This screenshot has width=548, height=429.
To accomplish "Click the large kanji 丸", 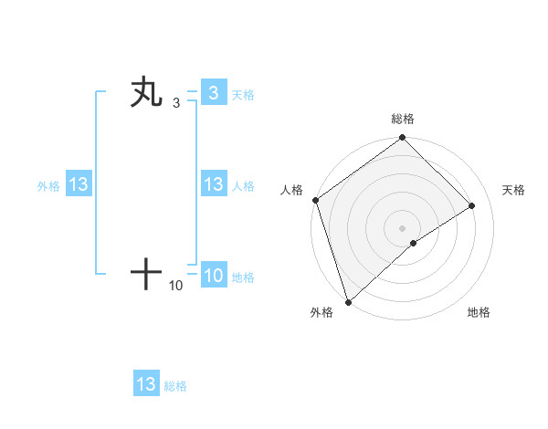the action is click(146, 93).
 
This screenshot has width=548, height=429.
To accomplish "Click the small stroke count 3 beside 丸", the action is click(176, 103).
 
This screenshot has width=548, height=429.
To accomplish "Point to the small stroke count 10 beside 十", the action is click(176, 286).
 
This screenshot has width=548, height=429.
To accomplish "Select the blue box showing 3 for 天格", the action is click(213, 93).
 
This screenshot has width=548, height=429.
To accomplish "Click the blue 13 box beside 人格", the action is click(213, 184).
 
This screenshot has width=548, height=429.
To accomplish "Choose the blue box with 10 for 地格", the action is click(213, 276).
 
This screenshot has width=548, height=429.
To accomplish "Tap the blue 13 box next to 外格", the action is click(79, 184).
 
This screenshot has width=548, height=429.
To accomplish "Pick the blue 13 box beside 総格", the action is click(146, 384).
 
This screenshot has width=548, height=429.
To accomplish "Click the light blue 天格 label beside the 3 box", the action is click(243, 95).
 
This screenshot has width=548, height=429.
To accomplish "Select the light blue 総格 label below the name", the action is click(175, 386).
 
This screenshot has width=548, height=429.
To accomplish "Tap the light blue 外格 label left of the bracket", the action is click(48, 186).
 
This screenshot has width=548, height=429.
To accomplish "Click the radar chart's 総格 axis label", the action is click(403, 119).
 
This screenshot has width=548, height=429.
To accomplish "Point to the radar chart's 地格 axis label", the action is click(479, 312).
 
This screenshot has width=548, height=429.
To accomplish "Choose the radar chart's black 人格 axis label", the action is click(292, 190).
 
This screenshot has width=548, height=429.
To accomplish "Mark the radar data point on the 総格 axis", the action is click(403, 139).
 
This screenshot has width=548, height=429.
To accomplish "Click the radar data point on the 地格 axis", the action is click(414, 243).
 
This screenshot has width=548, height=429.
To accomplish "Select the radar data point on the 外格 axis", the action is click(348, 301).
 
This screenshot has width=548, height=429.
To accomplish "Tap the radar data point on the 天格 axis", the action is click(472, 205).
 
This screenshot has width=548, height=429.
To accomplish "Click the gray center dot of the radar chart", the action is click(402, 227).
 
